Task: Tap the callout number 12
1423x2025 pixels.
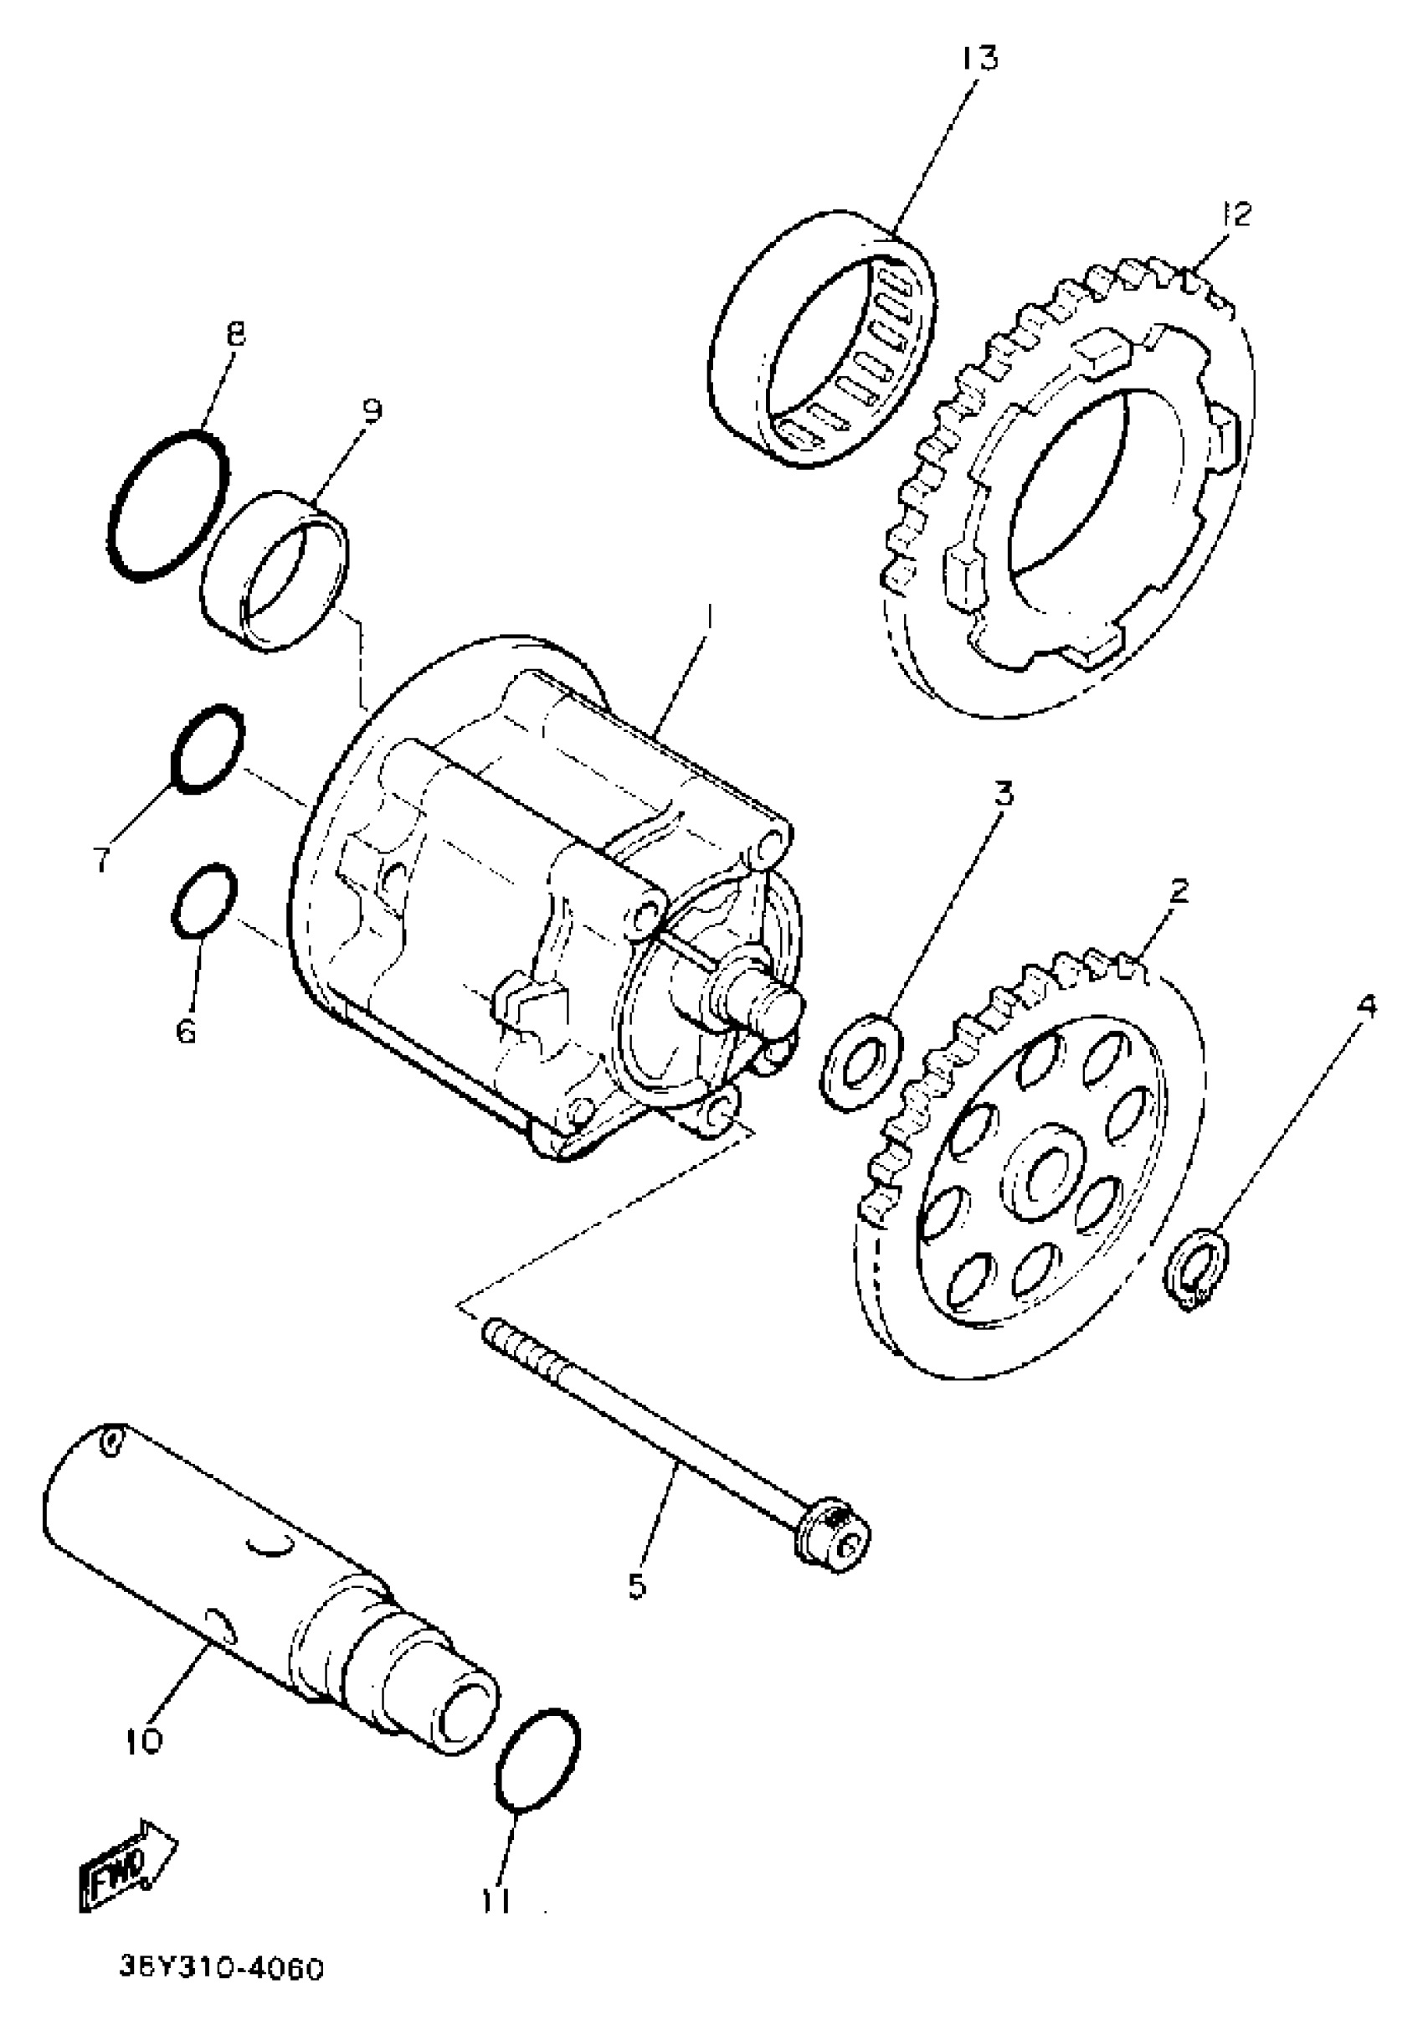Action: (x=1236, y=214)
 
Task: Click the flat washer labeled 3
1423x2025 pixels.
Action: (x=861, y=1063)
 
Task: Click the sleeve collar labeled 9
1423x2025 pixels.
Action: (x=274, y=571)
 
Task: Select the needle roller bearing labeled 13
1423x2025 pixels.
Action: (x=825, y=337)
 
